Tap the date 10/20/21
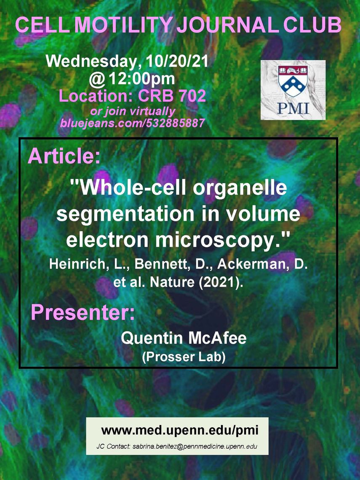(177, 61)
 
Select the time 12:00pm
(142, 79)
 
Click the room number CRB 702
(172, 96)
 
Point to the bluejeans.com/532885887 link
(132, 123)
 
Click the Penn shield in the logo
(293, 80)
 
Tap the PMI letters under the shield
(293, 108)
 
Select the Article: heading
(64, 156)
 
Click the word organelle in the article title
(240, 188)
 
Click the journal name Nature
(172, 282)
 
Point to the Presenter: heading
(83, 312)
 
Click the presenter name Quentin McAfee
(184, 338)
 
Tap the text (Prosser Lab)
(184, 357)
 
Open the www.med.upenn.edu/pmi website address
(180, 430)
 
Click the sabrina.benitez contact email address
(195, 446)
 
